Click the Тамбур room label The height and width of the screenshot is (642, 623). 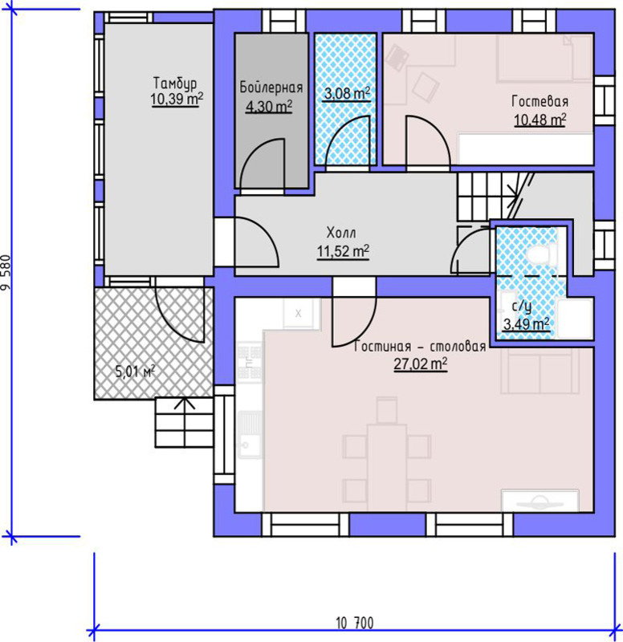pos(175,83)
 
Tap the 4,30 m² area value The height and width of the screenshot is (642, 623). pos(269,107)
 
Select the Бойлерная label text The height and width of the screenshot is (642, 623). pos(271,87)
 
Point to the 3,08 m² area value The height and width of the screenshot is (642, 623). pos(347,93)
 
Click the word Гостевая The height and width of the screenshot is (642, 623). pos(540,101)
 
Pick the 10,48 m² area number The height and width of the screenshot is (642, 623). pos(540,120)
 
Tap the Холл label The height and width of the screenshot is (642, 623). pos(341,233)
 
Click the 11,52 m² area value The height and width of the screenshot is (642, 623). pos(343,251)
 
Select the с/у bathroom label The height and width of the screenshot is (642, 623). pos(522,307)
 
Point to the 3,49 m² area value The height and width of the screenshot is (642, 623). pos(527,324)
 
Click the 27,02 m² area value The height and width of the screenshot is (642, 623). pos(420,364)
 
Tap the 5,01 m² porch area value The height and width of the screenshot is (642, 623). pos(135,372)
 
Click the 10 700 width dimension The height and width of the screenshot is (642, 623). pos(355,623)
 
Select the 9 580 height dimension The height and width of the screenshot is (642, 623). pos(6,273)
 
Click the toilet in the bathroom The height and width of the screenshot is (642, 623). pos(541,254)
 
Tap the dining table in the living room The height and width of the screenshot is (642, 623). pos(387,467)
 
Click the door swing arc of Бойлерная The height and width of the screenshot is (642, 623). pos(254,152)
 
